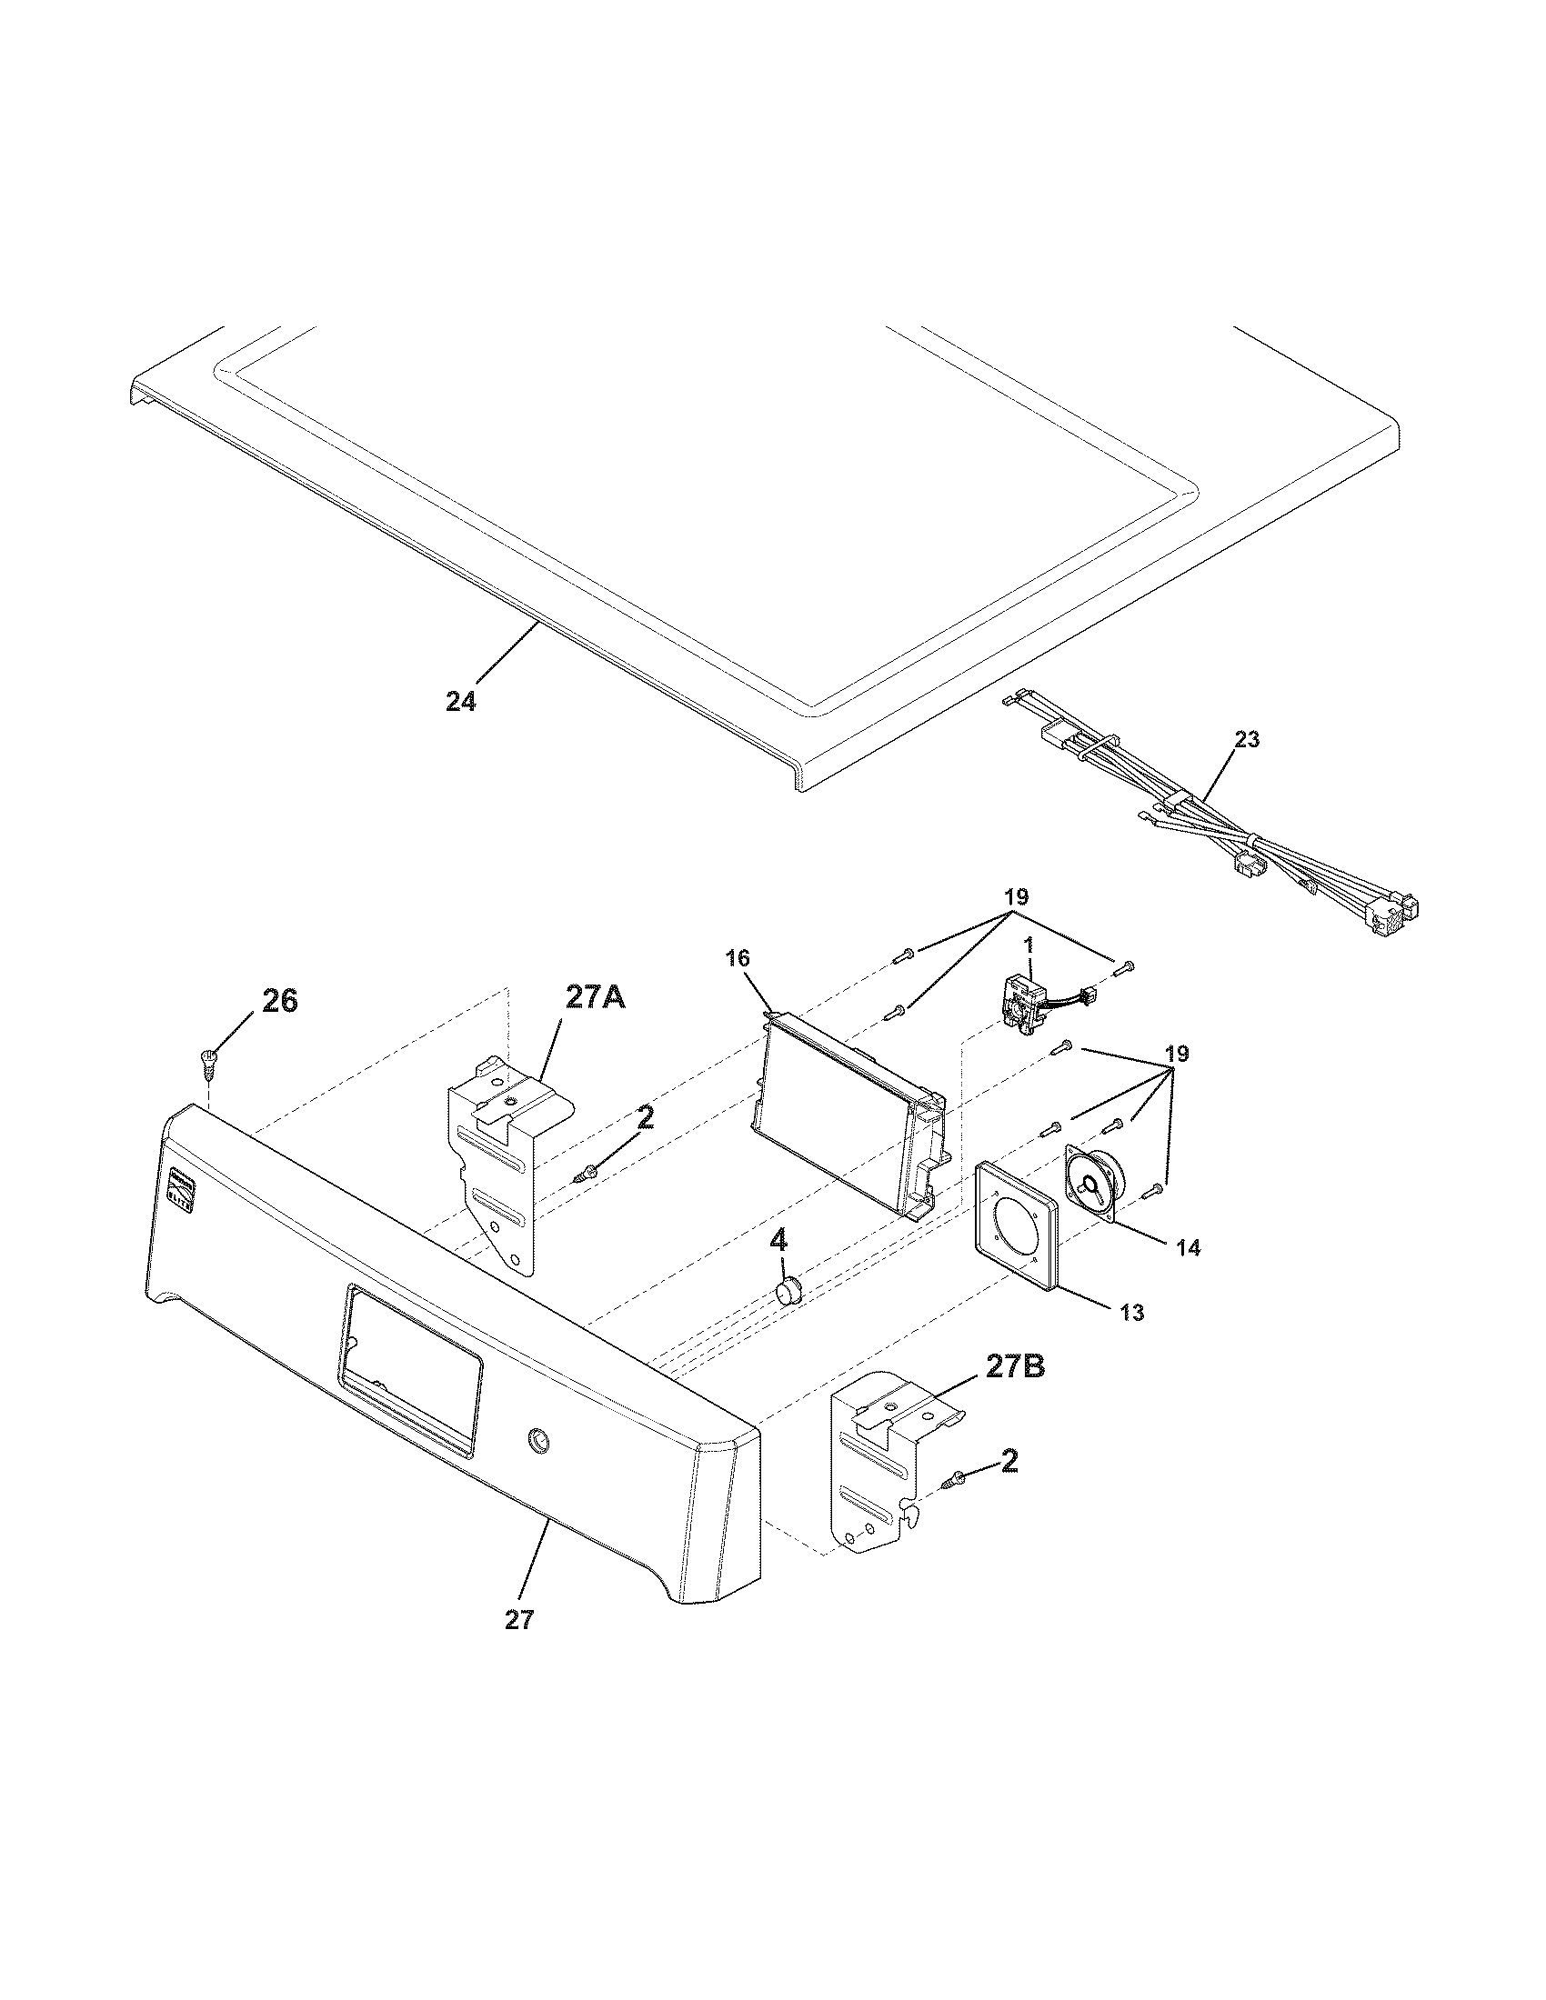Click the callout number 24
(461, 703)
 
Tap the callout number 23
(1247, 739)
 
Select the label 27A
(596, 997)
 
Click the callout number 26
(279, 1002)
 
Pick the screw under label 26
(207, 1064)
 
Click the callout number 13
(1132, 1312)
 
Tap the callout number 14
(1187, 1247)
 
